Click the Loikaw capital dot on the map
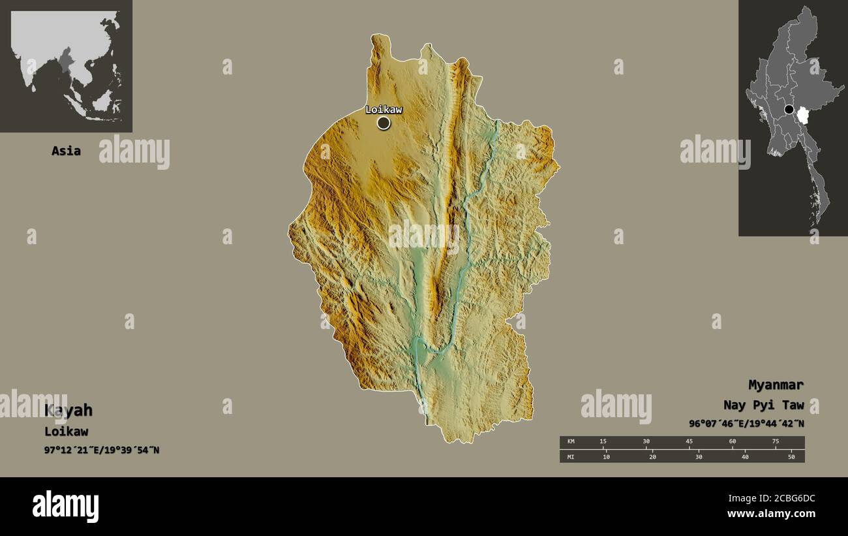pos(384,123)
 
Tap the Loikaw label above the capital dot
pos(384,109)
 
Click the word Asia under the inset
pos(66,151)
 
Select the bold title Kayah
pos(68,410)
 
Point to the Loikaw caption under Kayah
pos(66,431)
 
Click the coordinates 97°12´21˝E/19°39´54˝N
pos(102,450)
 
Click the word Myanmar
pos(776,385)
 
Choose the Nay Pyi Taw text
pos(763,405)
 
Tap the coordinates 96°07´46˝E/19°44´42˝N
pos(746,423)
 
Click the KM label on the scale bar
pos(571,442)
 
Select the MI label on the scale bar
pos(571,456)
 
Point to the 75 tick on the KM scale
pos(775,442)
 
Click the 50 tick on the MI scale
pos(791,456)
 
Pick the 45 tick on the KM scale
pos(689,442)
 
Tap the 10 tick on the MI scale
pos(606,456)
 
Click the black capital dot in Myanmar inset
pos(789,110)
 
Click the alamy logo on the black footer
pos(66,507)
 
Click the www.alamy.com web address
pos(771,514)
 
